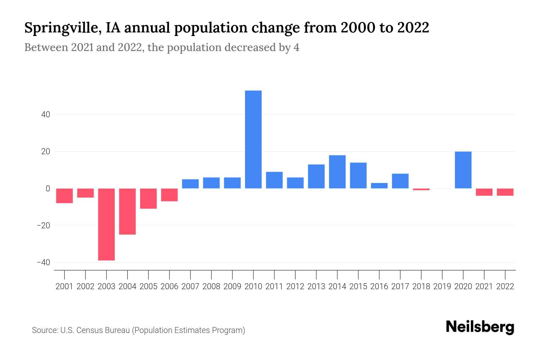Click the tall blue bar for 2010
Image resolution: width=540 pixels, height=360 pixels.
pyautogui.click(x=253, y=139)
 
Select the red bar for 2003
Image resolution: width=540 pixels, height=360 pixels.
pyautogui.click(x=106, y=224)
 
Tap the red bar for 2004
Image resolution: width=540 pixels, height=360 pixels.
pyautogui.click(x=127, y=211)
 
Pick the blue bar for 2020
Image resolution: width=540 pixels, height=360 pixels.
pyautogui.click(x=463, y=170)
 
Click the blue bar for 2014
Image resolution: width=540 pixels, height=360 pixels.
pyautogui.click(x=337, y=172)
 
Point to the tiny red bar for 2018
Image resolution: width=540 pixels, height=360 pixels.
pyautogui.click(x=421, y=189)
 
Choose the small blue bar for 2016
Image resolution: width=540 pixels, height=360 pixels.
pyautogui.click(x=379, y=186)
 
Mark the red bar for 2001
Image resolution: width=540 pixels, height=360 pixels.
pyautogui.click(x=64, y=196)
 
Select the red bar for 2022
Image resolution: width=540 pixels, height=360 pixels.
pyautogui.click(x=505, y=192)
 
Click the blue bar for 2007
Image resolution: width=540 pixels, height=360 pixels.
pyautogui.click(x=190, y=184)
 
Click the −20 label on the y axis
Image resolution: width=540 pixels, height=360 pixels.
pyautogui.click(x=43, y=226)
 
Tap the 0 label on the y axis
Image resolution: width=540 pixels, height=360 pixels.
pyautogui.click(x=48, y=189)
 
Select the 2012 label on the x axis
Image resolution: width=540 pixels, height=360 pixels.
pyautogui.click(x=295, y=286)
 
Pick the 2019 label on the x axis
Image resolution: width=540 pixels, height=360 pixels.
pyautogui.click(x=442, y=286)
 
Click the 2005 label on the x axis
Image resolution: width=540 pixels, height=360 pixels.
pyautogui.click(x=148, y=286)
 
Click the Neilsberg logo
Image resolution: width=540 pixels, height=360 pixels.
pyautogui.click(x=480, y=327)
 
